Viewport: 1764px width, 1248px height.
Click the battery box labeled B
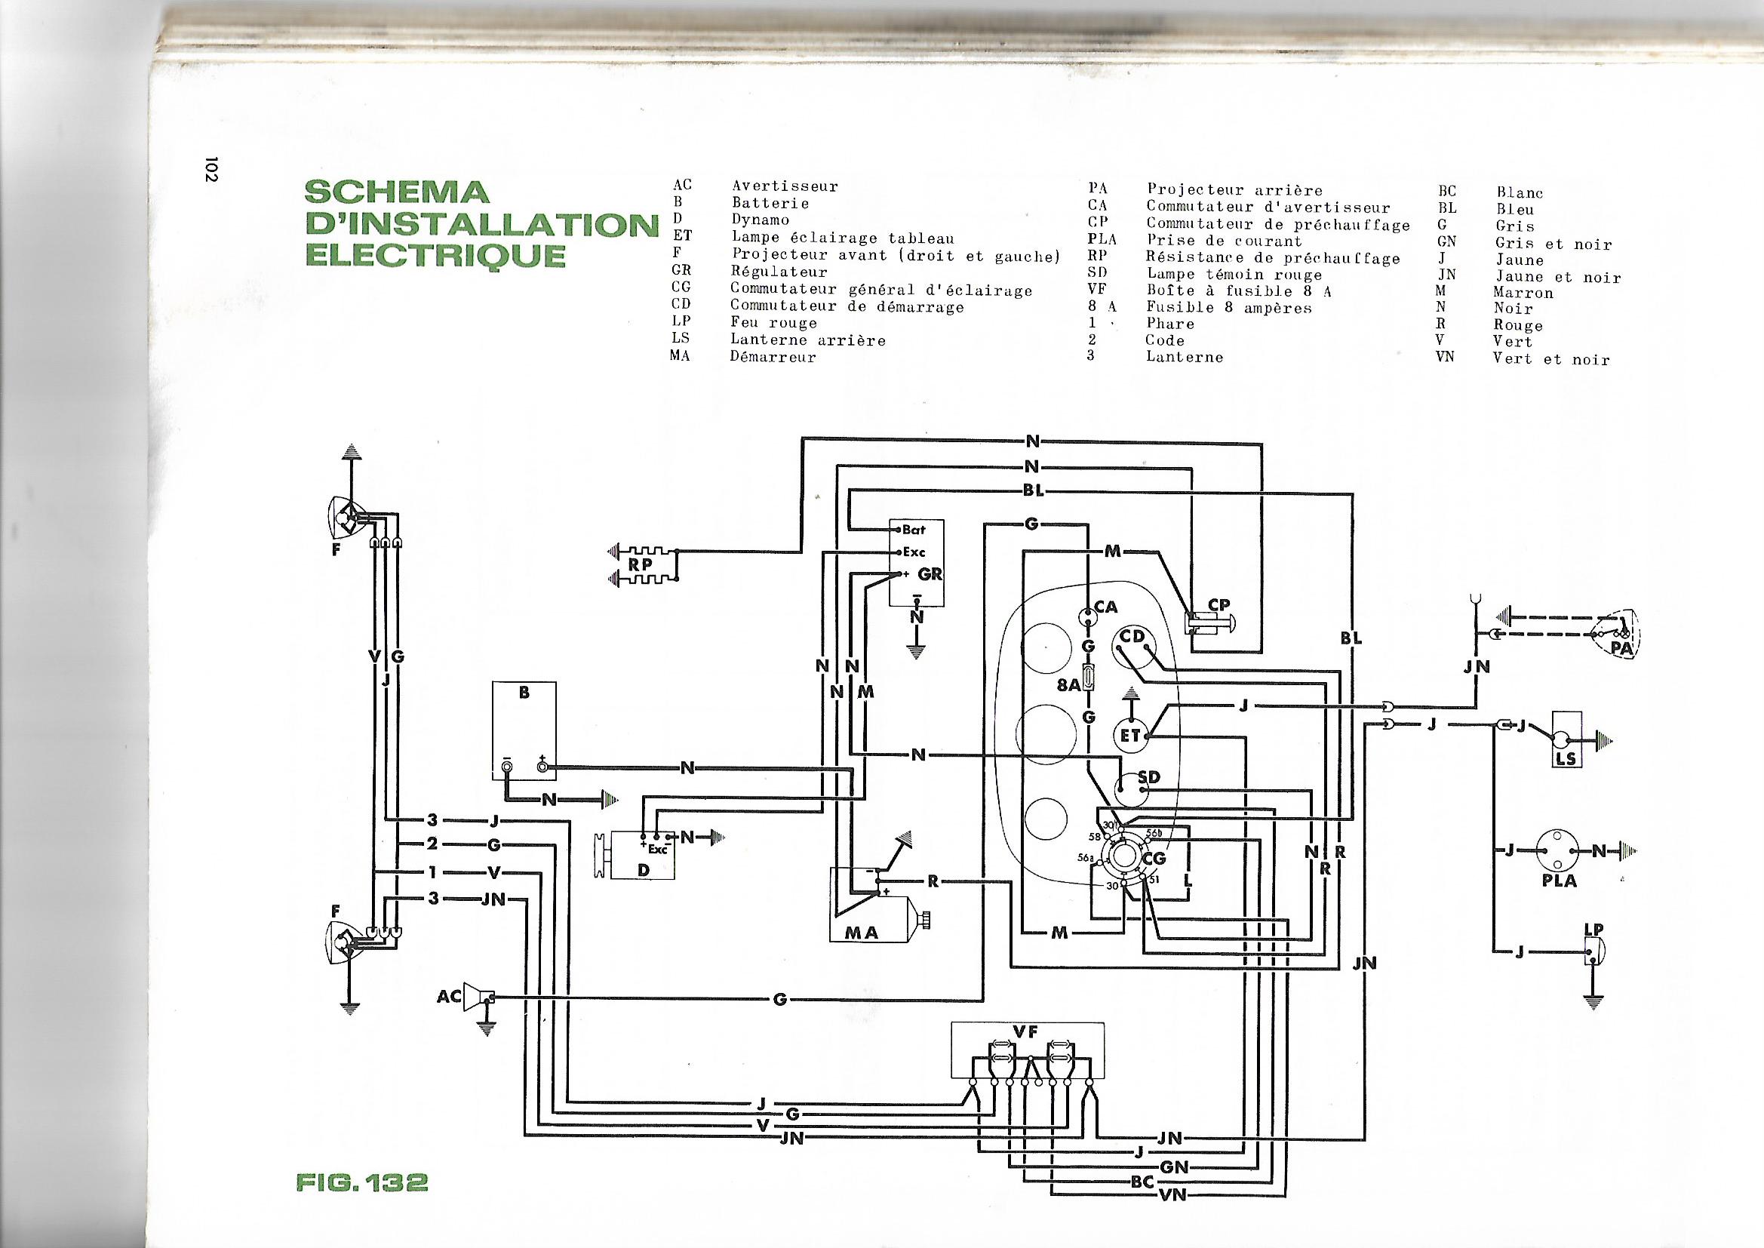[x=524, y=730]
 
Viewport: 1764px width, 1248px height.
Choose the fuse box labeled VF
[x=1027, y=1050]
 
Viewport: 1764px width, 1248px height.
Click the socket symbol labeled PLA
[x=1558, y=850]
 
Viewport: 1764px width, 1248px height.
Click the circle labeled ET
[x=1130, y=735]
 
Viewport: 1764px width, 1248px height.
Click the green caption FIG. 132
[x=361, y=1182]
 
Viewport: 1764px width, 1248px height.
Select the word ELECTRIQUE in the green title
[x=435, y=255]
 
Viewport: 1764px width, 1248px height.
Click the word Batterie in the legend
[x=770, y=204]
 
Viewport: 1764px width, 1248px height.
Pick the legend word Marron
[x=1523, y=293]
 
